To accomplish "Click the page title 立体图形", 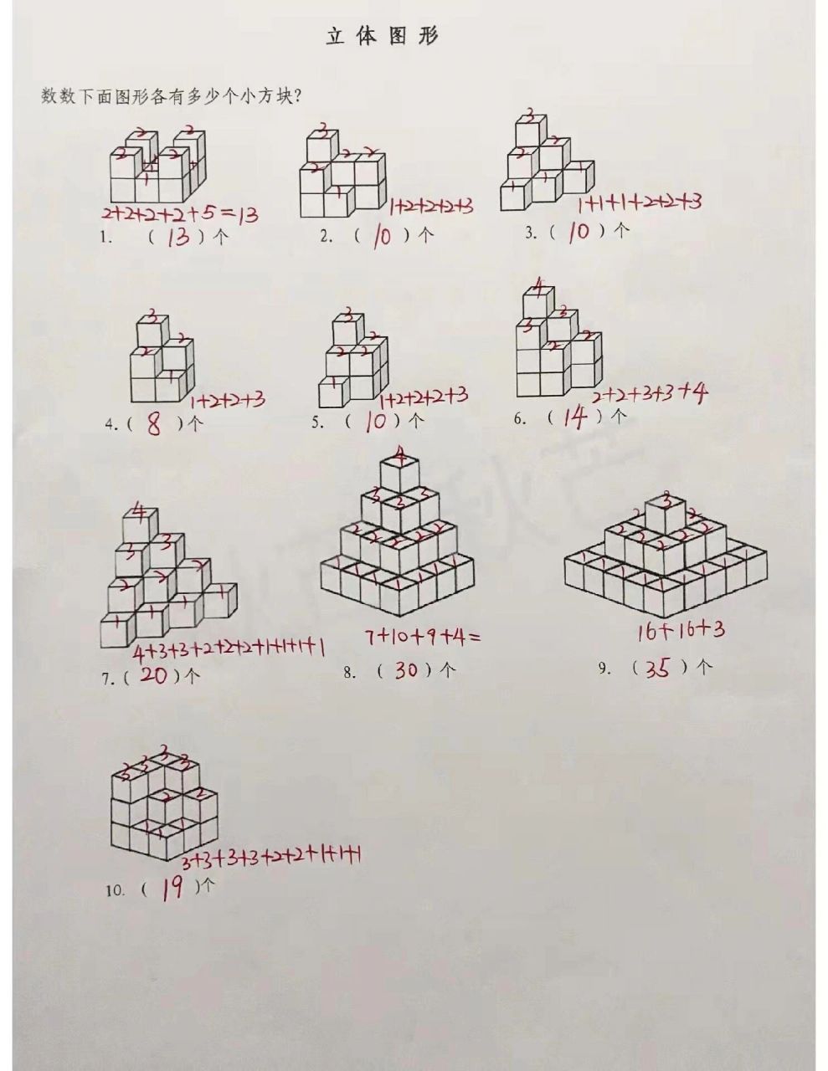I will click(381, 37).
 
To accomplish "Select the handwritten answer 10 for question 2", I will click(381, 237).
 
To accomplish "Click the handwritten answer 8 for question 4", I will click(154, 425).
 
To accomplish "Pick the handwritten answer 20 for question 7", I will click(153, 676).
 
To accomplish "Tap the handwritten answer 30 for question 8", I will click(405, 669).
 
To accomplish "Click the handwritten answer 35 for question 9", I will click(659, 668).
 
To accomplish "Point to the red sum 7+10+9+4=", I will click(423, 638).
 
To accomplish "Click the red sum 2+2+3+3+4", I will click(650, 394).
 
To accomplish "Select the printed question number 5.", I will click(317, 423).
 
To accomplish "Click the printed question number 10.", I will click(115, 891).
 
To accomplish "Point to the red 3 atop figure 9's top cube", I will click(666, 501).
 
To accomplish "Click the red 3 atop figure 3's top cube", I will click(528, 115).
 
